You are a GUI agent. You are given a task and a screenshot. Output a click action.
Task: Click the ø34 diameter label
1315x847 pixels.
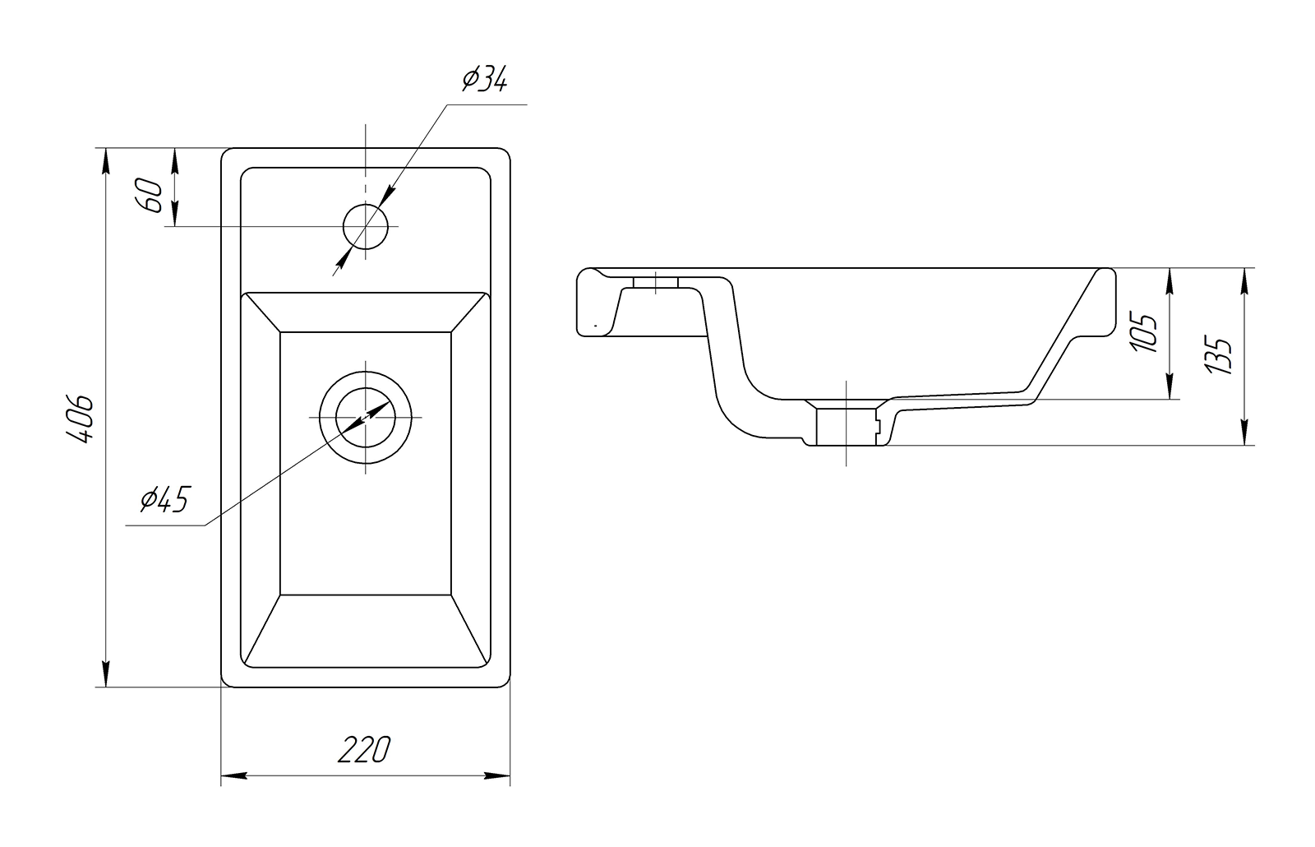(485, 81)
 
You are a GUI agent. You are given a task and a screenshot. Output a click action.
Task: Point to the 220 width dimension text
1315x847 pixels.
(365, 749)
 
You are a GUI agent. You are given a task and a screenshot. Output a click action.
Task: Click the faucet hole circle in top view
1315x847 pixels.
(366, 226)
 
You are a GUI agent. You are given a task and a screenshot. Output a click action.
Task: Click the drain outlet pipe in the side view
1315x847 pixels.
(847, 425)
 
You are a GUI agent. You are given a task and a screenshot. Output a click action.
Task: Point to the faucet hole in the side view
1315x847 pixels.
(655, 283)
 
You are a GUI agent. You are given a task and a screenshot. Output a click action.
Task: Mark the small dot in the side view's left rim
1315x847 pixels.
(594, 326)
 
